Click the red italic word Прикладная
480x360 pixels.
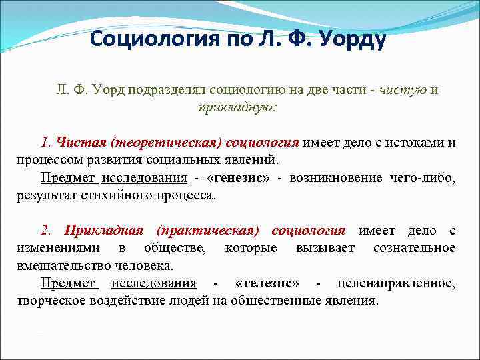pos(103,231)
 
